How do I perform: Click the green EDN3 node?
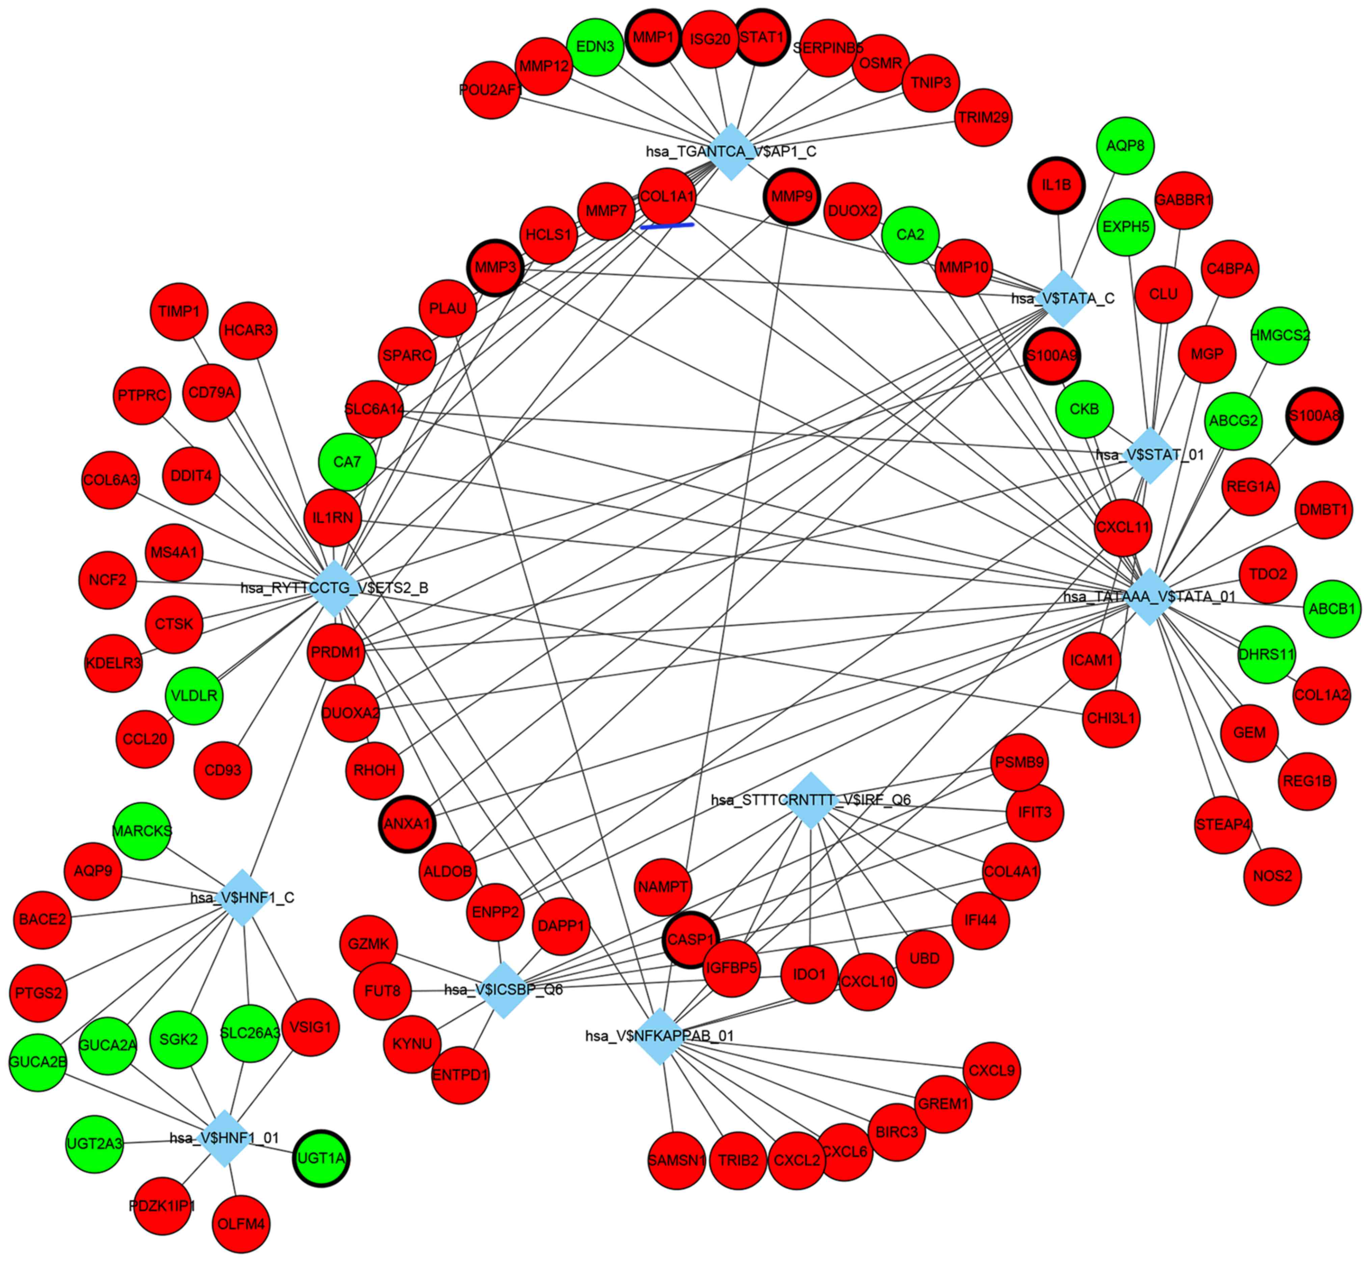coord(595,47)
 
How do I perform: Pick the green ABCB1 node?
coord(1331,608)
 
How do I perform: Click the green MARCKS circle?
coord(142,831)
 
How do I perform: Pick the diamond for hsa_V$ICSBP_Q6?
coord(504,990)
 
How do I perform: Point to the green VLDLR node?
coord(194,696)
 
